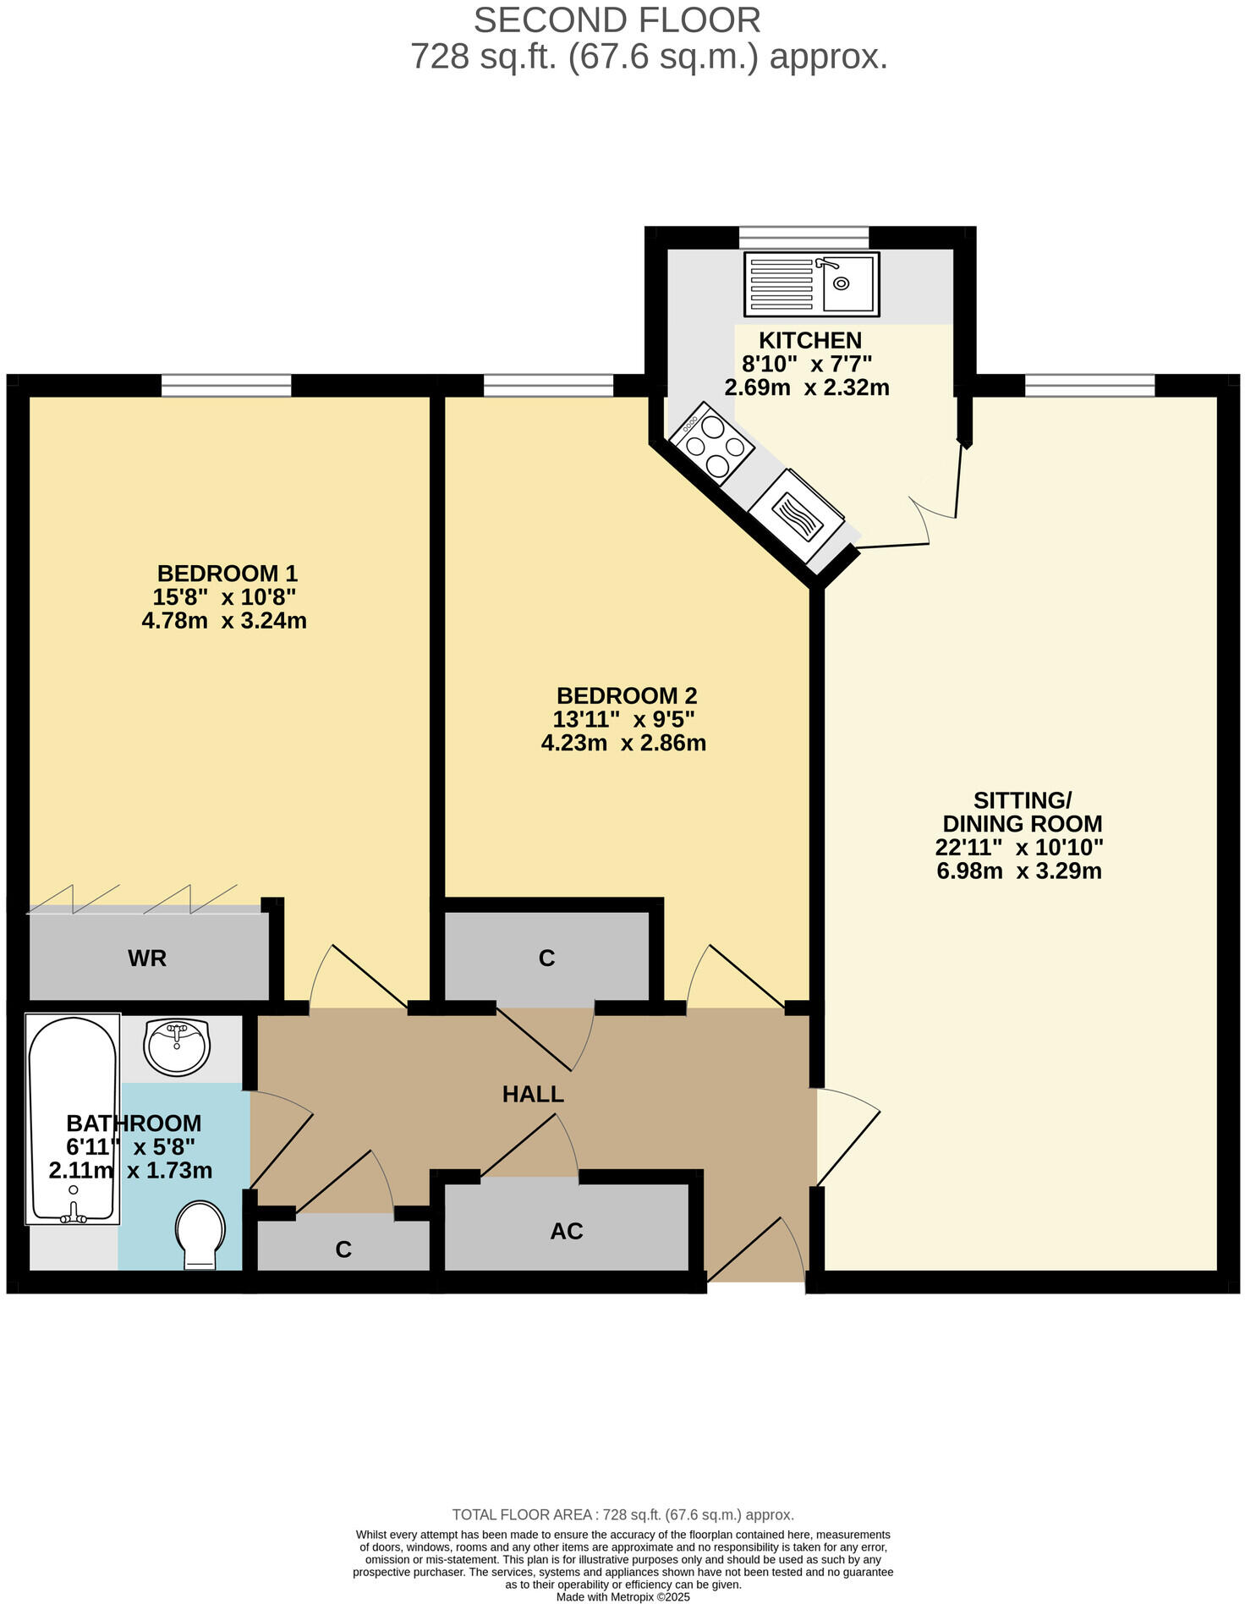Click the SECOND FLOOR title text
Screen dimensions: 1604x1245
point(617,20)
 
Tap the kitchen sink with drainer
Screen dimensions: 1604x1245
point(811,283)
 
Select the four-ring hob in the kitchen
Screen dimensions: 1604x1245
point(711,445)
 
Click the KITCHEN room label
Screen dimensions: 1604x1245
point(809,340)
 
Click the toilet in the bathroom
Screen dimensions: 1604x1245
point(200,1234)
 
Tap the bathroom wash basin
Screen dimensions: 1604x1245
point(177,1047)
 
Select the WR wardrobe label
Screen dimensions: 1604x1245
point(147,959)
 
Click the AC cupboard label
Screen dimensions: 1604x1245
point(566,1231)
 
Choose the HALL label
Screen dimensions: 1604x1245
point(533,1094)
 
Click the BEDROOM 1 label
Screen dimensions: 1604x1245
point(227,574)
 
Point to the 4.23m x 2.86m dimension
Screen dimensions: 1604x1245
point(623,744)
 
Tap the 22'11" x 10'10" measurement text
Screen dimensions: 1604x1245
point(1019,847)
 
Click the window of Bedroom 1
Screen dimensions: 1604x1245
point(226,387)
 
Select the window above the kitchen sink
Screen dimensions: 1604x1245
point(803,236)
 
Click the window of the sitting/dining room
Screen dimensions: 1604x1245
point(1089,387)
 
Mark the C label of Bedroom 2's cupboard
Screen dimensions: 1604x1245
point(546,959)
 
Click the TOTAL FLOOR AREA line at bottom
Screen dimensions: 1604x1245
point(622,1514)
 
